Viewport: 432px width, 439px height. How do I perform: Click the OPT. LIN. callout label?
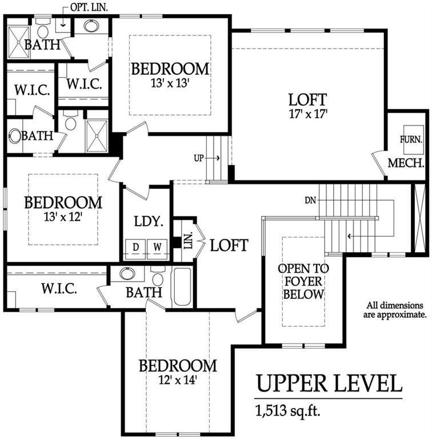coord(89,7)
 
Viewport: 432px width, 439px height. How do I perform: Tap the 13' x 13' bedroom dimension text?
coord(170,83)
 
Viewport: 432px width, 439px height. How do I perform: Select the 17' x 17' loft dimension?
coord(308,114)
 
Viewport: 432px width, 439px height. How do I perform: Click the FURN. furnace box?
coord(413,139)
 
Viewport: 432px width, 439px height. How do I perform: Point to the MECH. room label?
coord(406,163)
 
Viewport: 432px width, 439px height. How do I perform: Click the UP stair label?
coord(199,158)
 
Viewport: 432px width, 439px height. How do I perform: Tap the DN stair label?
coord(310,200)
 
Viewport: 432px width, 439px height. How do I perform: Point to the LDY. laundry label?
coord(149,221)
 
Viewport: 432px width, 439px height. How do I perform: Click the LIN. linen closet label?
coord(189,240)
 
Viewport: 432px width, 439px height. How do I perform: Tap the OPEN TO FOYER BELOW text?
coord(303,281)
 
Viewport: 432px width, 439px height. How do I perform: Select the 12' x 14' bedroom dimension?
coord(178,380)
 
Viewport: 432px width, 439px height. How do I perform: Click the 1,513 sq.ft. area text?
coord(288,411)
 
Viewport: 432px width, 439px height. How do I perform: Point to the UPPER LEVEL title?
coord(329,384)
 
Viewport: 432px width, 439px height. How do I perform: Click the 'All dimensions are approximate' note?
coord(395,310)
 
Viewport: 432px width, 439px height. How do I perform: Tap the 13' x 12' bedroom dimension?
coord(63,217)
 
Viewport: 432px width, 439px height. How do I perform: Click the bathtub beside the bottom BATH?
coord(182,287)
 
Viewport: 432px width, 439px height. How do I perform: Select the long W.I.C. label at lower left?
coord(59,288)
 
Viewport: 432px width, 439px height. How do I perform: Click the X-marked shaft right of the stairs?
coord(419,219)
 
